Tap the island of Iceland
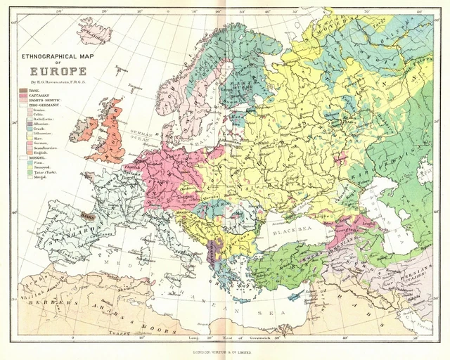[94, 32]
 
